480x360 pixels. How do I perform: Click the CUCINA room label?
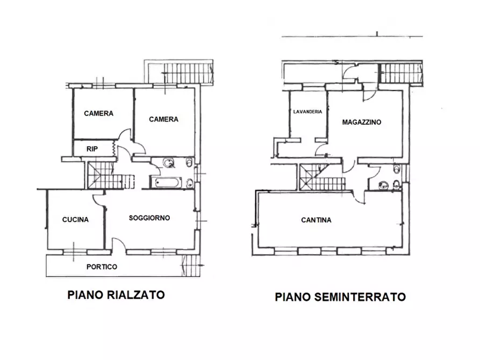click(x=75, y=219)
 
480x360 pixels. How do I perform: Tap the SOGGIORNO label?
click(x=149, y=218)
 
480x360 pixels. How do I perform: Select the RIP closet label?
click(x=92, y=149)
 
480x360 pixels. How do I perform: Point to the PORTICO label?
click(x=102, y=267)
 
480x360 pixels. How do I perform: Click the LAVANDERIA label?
click(x=307, y=112)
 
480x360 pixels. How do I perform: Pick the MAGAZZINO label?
click(x=361, y=122)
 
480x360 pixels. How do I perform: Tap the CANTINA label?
click(x=316, y=220)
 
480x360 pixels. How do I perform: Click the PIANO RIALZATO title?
click(x=116, y=294)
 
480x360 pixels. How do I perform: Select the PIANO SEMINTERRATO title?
click(x=340, y=296)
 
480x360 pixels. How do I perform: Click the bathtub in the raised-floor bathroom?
click(x=166, y=183)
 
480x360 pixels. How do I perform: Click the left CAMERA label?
click(x=98, y=113)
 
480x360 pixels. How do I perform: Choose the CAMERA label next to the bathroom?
click(x=163, y=119)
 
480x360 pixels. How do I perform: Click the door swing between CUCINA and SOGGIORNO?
click(x=99, y=199)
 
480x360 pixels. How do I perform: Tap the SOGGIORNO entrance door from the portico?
click(x=119, y=248)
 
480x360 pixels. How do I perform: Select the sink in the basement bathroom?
click(x=383, y=185)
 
